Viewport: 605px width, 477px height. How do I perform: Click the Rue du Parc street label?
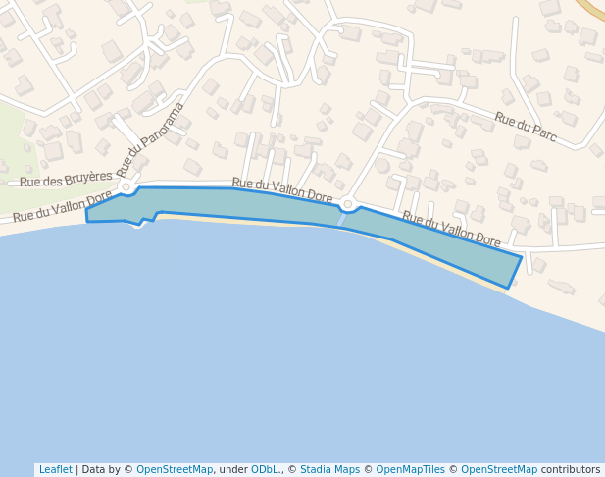coord(526,128)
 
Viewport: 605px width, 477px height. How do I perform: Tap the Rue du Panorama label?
coord(150,140)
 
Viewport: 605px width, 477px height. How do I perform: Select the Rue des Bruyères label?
coord(66,180)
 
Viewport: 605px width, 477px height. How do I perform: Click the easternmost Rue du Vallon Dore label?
coord(451,230)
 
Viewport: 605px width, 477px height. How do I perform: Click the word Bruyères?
coord(89,179)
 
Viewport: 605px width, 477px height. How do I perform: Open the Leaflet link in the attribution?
coord(55,470)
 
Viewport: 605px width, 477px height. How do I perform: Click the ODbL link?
coord(266,470)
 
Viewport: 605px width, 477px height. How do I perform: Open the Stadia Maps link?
coord(329,470)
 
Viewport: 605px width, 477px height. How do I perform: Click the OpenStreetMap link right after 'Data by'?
coord(175,470)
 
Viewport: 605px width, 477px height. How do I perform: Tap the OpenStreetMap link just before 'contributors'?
coord(499,470)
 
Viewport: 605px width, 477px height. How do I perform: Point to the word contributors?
coord(570,470)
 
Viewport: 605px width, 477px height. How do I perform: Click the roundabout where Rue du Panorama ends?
coord(126,185)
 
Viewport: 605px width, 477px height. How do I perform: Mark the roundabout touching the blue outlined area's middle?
coord(347,204)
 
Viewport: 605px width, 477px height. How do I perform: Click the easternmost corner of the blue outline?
coord(522,257)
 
